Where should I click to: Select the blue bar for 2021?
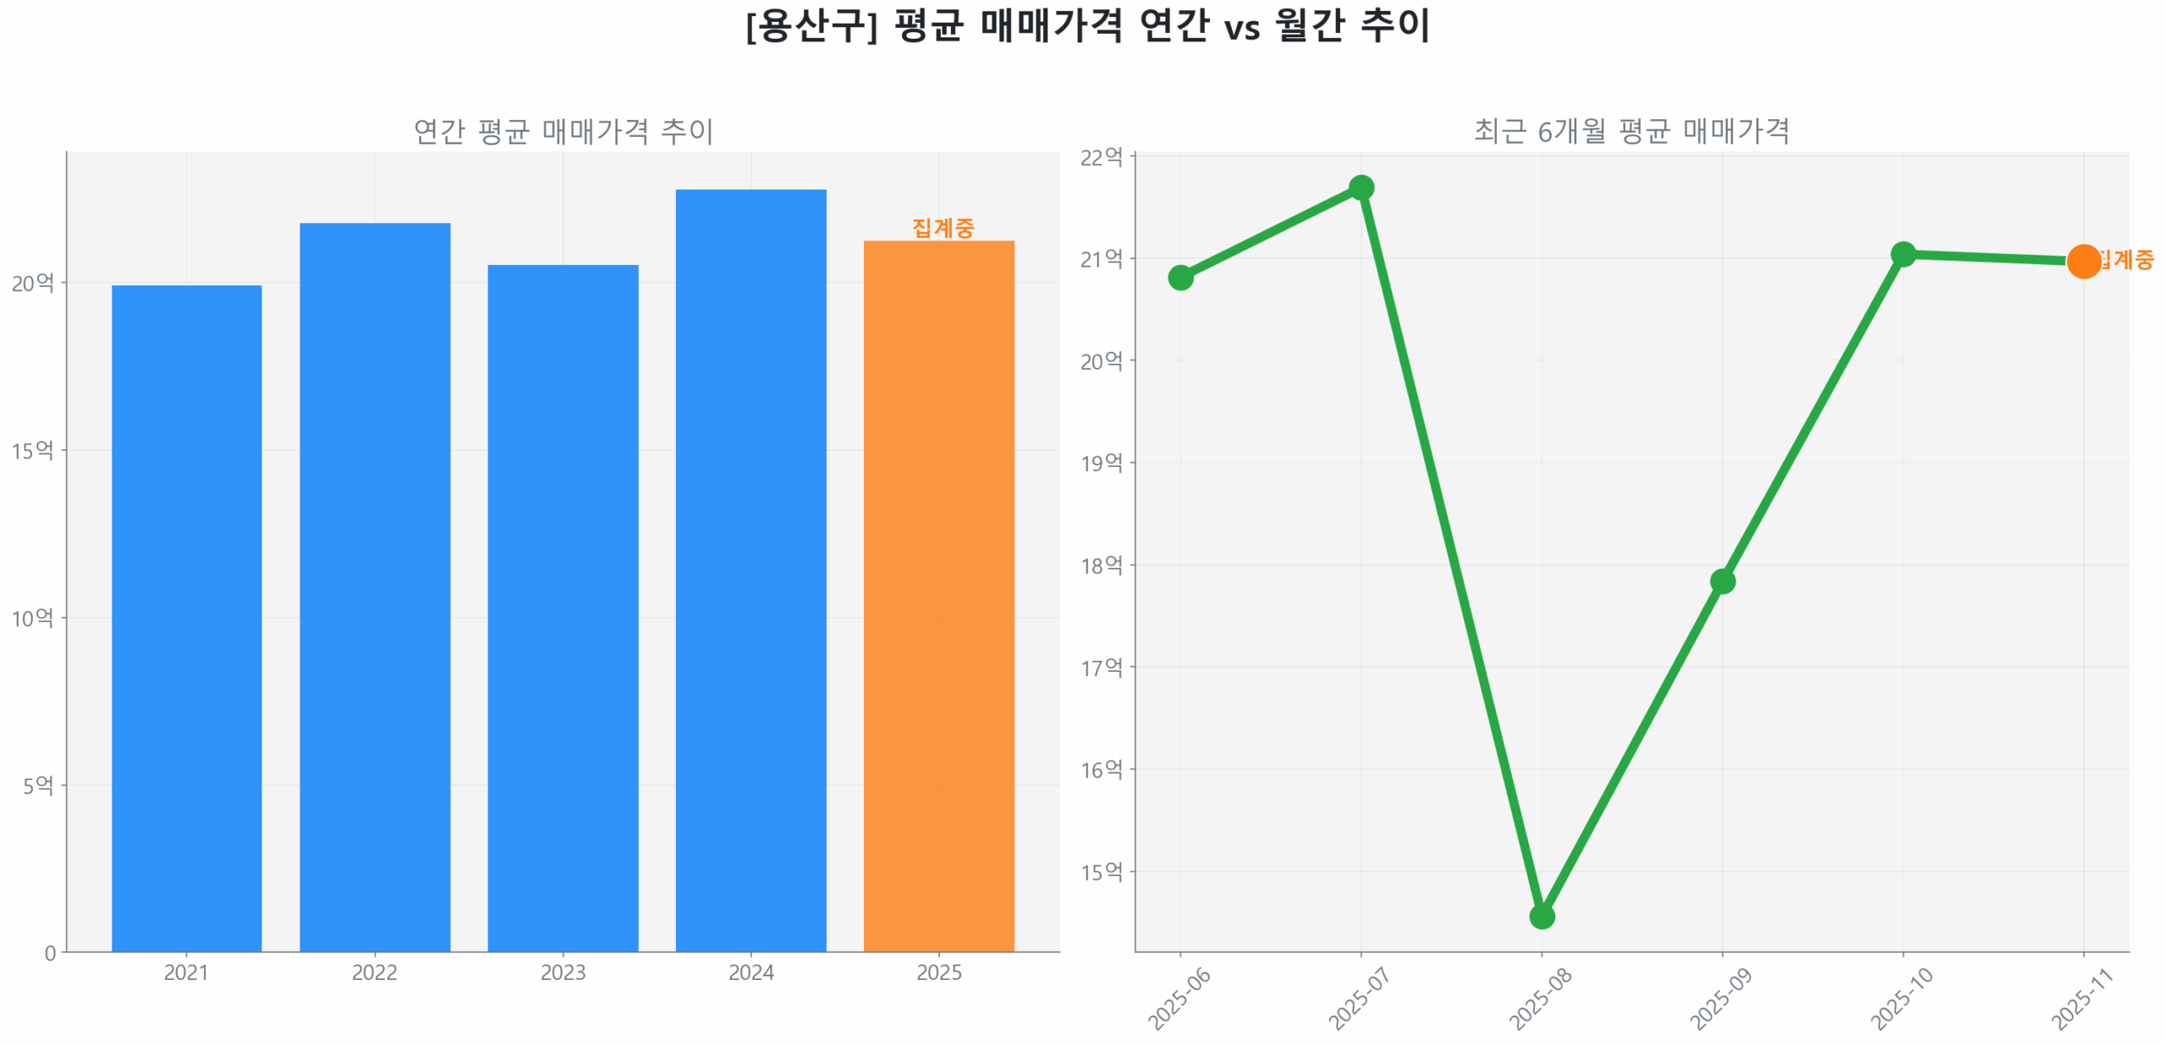coord(186,618)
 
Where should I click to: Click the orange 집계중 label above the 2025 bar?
coord(943,227)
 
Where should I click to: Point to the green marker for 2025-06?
coord(1180,277)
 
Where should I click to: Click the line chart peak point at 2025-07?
coord(1361,187)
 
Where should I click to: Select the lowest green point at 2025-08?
coord(1542,916)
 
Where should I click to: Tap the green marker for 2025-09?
coord(1722,580)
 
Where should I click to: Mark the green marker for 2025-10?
coord(1903,254)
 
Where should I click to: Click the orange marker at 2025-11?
coord(2083,261)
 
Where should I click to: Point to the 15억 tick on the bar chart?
coord(32,450)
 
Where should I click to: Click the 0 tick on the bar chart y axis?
coord(50,953)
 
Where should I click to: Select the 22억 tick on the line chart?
coord(1101,157)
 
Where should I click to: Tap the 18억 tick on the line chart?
coord(1101,565)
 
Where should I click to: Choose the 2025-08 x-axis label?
coord(1540,998)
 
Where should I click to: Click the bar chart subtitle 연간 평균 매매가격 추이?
coord(563,131)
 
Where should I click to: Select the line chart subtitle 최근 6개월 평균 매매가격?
coord(1631,131)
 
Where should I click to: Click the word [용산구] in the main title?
coord(811,25)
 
